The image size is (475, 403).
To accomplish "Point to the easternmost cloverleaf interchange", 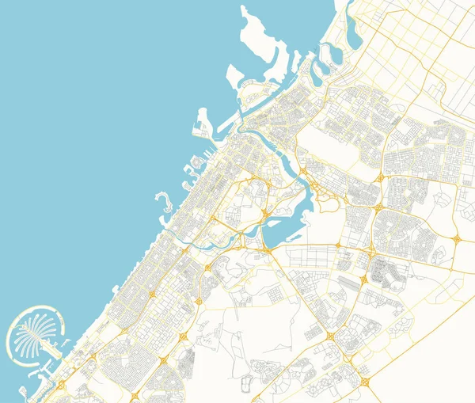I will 457,238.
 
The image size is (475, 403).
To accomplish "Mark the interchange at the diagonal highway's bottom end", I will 365,382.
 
